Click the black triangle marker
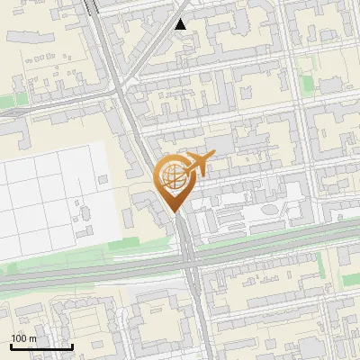coord(182,24)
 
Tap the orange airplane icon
coord(199,165)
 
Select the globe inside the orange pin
coord(171,177)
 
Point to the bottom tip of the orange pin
coord(171,212)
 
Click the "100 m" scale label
coord(23,338)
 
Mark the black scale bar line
coord(41,346)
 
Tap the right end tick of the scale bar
coord(72,346)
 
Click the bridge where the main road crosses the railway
coord(188,261)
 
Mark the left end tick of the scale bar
coord(11,346)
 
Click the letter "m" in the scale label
coord(32,338)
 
